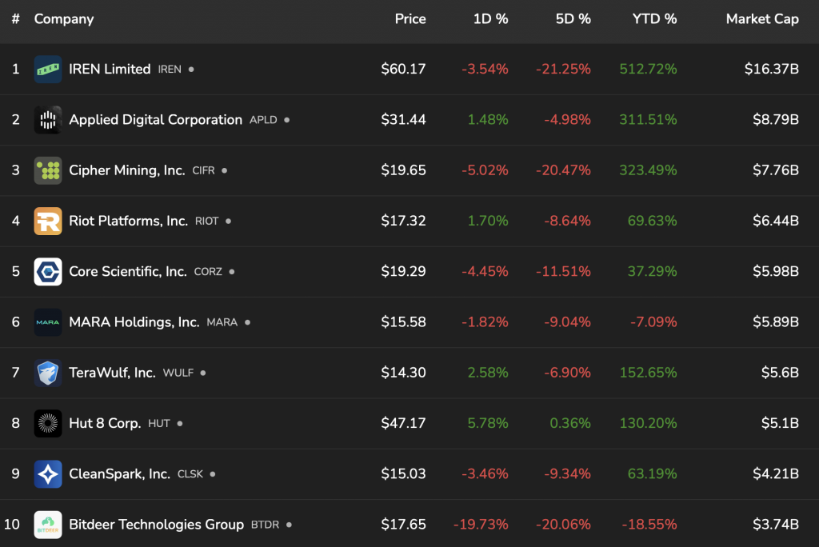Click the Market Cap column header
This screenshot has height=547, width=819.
tap(761, 19)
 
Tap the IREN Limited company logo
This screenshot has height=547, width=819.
tap(48, 69)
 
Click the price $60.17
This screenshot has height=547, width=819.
tap(403, 69)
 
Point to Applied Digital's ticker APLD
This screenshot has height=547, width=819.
tap(263, 120)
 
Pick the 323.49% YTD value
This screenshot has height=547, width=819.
tap(648, 170)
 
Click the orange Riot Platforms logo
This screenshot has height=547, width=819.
tap(48, 221)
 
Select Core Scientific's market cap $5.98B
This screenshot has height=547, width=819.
tap(775, 272)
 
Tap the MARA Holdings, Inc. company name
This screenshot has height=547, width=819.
tap(134, 322)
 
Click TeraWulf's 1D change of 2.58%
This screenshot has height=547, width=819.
tap(488, 373)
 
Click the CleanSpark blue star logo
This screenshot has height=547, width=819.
tap(48, 474)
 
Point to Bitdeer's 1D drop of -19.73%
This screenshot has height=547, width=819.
tap(481, 525)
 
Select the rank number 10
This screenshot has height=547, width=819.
tap(12, 525)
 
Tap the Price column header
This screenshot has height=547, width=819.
tap(410, 19)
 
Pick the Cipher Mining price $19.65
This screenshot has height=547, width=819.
tap(403, 170)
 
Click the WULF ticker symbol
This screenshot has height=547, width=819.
tap(178, 373)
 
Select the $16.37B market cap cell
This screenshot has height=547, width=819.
tap(771, 69)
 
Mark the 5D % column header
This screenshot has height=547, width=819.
tap(573, 19)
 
